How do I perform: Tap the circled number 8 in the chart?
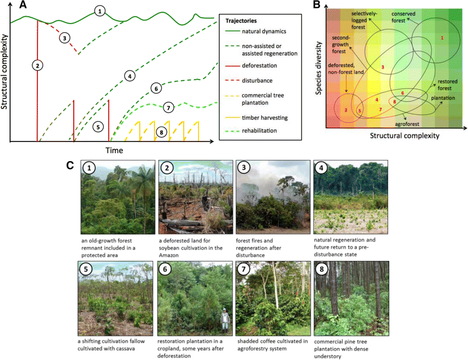point(161,132)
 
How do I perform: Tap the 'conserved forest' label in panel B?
point(407,15)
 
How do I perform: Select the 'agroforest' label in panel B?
point(406,124)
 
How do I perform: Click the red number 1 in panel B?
point(442,38)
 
